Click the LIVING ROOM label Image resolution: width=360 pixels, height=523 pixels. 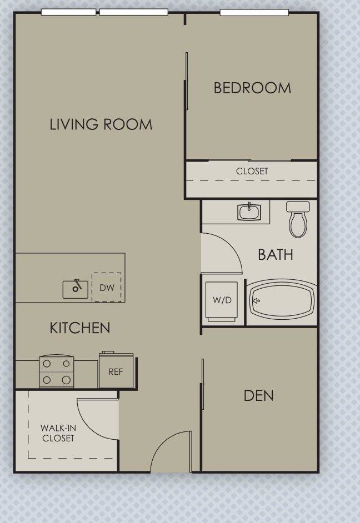[x=101, y=124]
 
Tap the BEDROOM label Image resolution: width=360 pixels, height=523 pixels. [x=252, y=88]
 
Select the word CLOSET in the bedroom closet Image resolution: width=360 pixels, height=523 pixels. [x=252, y=172]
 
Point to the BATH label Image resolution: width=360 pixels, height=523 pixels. [x=275, y=255]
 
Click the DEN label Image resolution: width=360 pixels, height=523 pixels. [x=258, y=395]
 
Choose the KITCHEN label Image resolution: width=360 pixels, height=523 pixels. [x=80, y=328]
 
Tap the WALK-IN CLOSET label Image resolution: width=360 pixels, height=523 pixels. [x=57, y=433]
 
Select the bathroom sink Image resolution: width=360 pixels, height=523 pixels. [x=249, y=212]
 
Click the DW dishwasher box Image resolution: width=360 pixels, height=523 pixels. [x=107, y=288]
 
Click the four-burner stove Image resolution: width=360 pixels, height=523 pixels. [x=57, y=372]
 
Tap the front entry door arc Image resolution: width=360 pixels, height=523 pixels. [x=169, y=450]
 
